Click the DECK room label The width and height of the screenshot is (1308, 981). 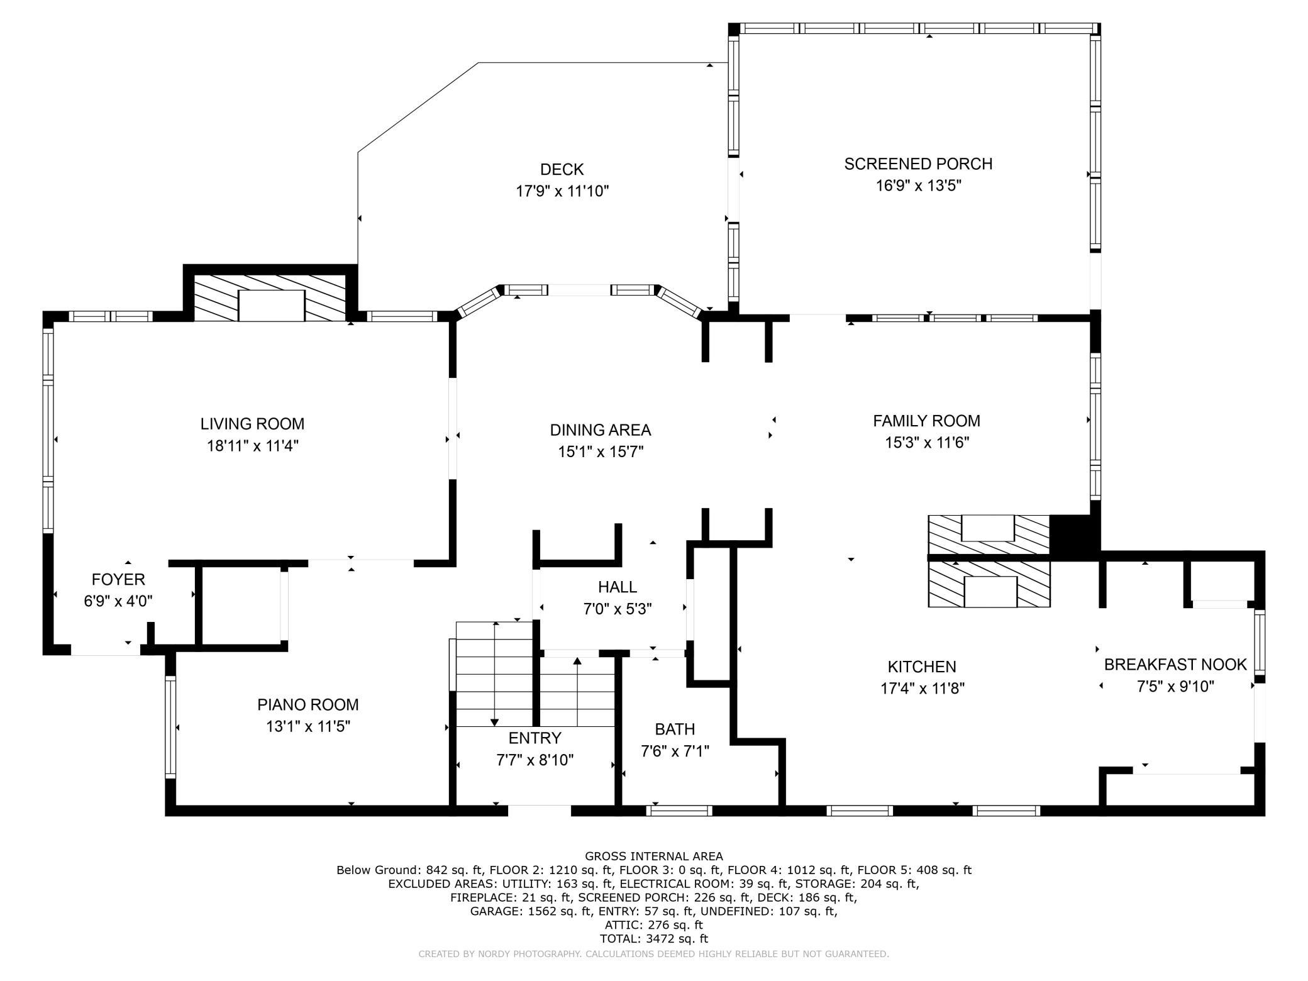[x=562, y=169]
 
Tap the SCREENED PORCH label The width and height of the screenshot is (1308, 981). [x=918, y=163]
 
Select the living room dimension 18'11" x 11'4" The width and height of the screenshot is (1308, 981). [x=253, y=446]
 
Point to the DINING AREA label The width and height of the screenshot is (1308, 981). [x=601, y=430]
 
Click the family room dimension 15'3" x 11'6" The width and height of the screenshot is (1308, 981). [x=927, y=442]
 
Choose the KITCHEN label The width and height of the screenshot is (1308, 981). [x=922, y=667]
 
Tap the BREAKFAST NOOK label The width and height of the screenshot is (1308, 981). [x=1175, y=664]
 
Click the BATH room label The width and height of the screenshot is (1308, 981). [x=675, y=729]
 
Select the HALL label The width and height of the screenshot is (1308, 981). [x=618, y=587]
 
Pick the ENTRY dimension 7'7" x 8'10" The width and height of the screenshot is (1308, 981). [x=535, y=760]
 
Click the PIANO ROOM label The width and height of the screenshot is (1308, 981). [x=308, y=704]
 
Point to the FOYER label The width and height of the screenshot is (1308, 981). [x=118, y=579]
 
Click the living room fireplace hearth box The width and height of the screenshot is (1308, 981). [x=272, y=306]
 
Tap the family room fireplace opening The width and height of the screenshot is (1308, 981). [x=988, y=528]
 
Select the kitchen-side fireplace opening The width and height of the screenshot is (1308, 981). [x=990, y=591]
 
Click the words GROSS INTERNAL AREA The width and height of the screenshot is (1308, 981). [x=654, y=856]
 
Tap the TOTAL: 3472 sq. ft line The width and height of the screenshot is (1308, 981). [x=654, y=939]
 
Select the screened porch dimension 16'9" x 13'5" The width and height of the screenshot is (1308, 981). [x=919, y=186]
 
